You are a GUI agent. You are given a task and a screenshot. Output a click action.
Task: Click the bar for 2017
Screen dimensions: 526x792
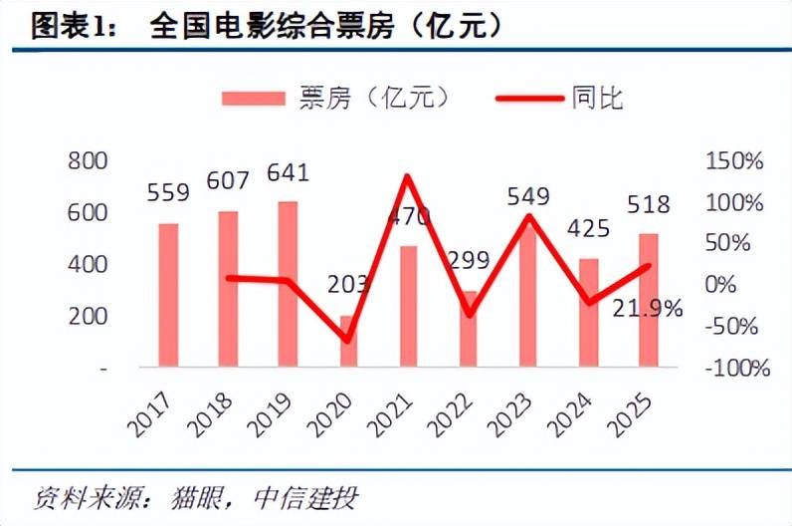(x=168, y=295)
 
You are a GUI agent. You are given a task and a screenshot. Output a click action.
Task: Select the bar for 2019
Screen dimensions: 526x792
(x=288, y=284)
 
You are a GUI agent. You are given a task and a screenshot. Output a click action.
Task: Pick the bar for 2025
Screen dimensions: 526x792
(x=648, y=300)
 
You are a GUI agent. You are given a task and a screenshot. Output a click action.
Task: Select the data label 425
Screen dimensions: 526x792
(x=587, y=230)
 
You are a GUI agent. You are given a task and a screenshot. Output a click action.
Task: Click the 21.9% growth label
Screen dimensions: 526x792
(x=648, y=309)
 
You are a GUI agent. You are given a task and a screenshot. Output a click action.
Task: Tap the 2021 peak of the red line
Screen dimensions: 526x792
(x=407, y=176)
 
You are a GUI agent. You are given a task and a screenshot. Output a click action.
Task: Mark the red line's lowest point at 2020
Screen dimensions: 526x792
(x=347, y=340)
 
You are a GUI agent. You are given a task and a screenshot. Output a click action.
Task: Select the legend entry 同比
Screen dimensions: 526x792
(x=597, y=98)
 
